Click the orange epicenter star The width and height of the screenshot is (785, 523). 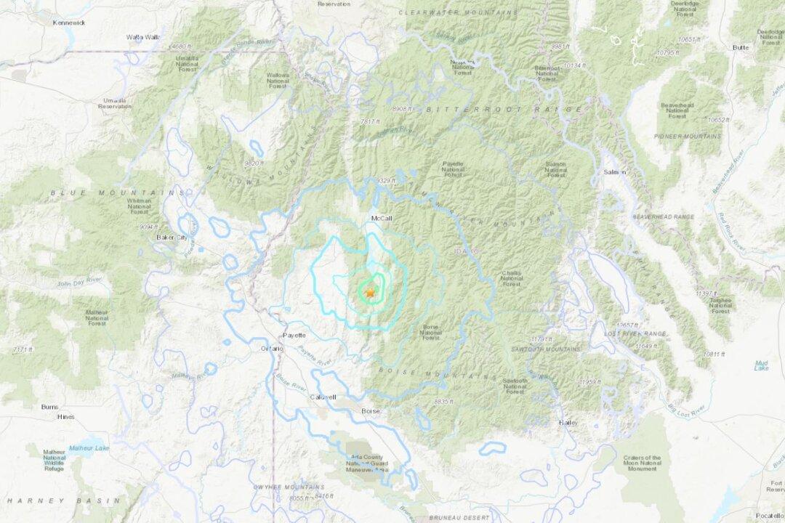click(x=369, y=292)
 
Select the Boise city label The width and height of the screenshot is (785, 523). click(x=371, y=411)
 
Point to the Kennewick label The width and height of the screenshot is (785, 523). click(x=69, y=23)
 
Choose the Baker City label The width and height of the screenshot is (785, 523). click(x=172, y=238)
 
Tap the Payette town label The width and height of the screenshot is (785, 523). click(x=294, y=335)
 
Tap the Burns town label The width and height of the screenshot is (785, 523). click(x=49, y=407)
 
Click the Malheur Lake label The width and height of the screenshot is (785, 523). click(x=89, y=448)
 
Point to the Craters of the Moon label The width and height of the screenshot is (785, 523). click(x=642, y=463)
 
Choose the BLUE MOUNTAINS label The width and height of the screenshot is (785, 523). click(x=117, y=192)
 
